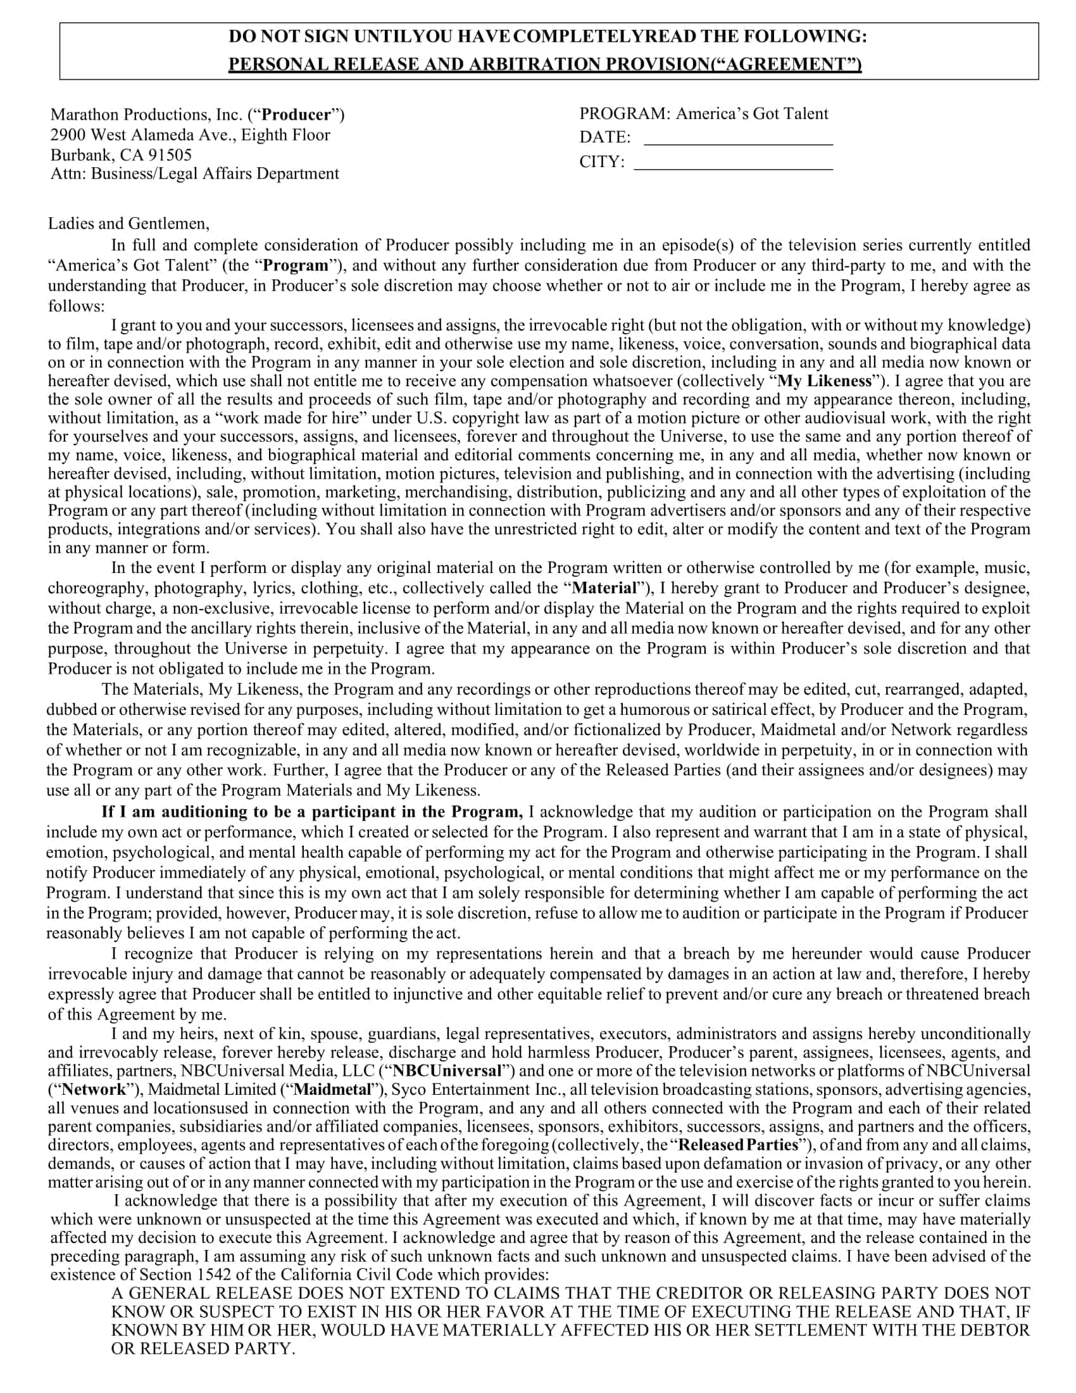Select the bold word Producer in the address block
(296, 115)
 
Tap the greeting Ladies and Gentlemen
(128, 224)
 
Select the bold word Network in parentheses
(94, 1089)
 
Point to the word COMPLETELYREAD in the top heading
(604, 37)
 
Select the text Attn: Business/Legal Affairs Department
(194, 173)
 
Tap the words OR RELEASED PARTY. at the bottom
(203, 1349)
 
